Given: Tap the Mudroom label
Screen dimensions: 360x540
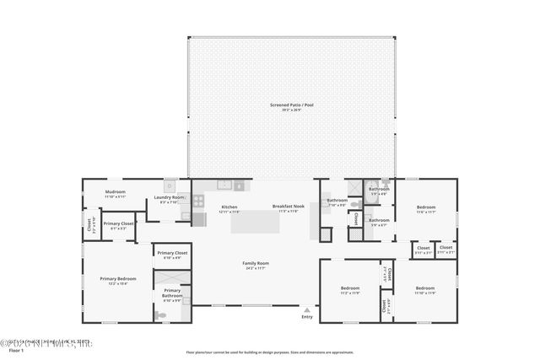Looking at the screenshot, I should [115, 192].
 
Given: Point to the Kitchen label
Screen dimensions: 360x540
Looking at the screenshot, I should [229, 207].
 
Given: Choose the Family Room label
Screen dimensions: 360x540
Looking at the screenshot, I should [255, 264].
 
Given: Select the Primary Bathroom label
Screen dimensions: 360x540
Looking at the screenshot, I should [171, 292].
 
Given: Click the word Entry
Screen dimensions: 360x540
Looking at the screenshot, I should [306, 317].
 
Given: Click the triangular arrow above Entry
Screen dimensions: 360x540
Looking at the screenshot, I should [306, 309].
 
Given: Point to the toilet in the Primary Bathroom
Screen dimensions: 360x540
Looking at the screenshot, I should [161, 315].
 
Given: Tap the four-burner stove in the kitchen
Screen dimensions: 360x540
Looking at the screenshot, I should [199, 201].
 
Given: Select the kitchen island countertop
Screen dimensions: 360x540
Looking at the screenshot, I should [255, 222].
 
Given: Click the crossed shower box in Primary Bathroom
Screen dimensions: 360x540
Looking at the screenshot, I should [171, 277].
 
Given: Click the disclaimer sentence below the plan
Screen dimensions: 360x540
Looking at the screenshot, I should [270, 352].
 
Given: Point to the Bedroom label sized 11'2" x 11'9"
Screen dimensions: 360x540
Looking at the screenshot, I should [350, 289].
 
